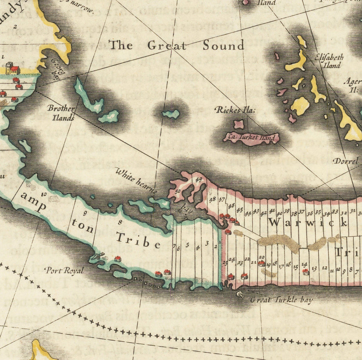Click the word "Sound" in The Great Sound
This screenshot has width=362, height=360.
click(223, 46)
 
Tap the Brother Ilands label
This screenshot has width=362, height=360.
click(61, 113)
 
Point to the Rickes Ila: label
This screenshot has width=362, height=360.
click(232, 110)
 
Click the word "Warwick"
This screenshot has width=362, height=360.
click(308, 222)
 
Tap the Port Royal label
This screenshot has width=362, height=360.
click(64, 271)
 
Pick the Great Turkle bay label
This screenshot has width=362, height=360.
click(281, 300)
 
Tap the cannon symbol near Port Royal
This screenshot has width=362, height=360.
click(97, 256)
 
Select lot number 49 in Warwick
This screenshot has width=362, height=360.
click(198, 180)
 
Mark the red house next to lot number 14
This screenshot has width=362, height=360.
click(305, 271)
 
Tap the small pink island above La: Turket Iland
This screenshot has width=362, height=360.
click(239, 124)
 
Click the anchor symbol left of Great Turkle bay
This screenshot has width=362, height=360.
click(241, 295)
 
